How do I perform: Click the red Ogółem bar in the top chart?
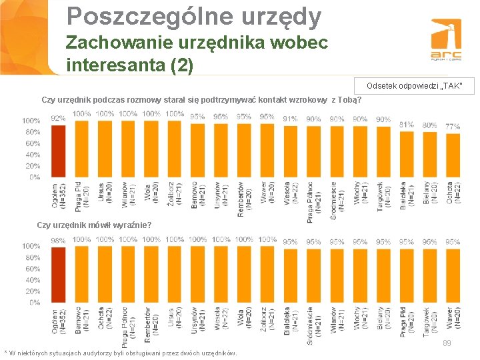(x=59, y=151)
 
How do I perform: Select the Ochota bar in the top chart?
(x=453, y=155)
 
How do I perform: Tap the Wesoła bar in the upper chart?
(x=290, y=151)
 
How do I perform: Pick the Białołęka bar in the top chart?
(x=406, y=153)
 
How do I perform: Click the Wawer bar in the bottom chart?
(x=453, y=275)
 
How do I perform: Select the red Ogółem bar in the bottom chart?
(x=59, y=275)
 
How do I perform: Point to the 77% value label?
(x=453, y=126)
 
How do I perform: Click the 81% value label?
(x=406, y=124)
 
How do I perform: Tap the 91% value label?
(x=290, y=119)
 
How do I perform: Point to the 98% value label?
(x=58, y=240)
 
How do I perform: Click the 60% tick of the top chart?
(x=31, y=143)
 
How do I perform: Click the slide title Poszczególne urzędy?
(x=194, y=16)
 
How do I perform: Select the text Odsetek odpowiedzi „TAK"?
(x=411, y=86)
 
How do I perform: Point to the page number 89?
(x=447, y=343)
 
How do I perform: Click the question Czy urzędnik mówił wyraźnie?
(x=94, y=224)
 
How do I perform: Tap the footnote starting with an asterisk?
(x=120, y=353)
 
